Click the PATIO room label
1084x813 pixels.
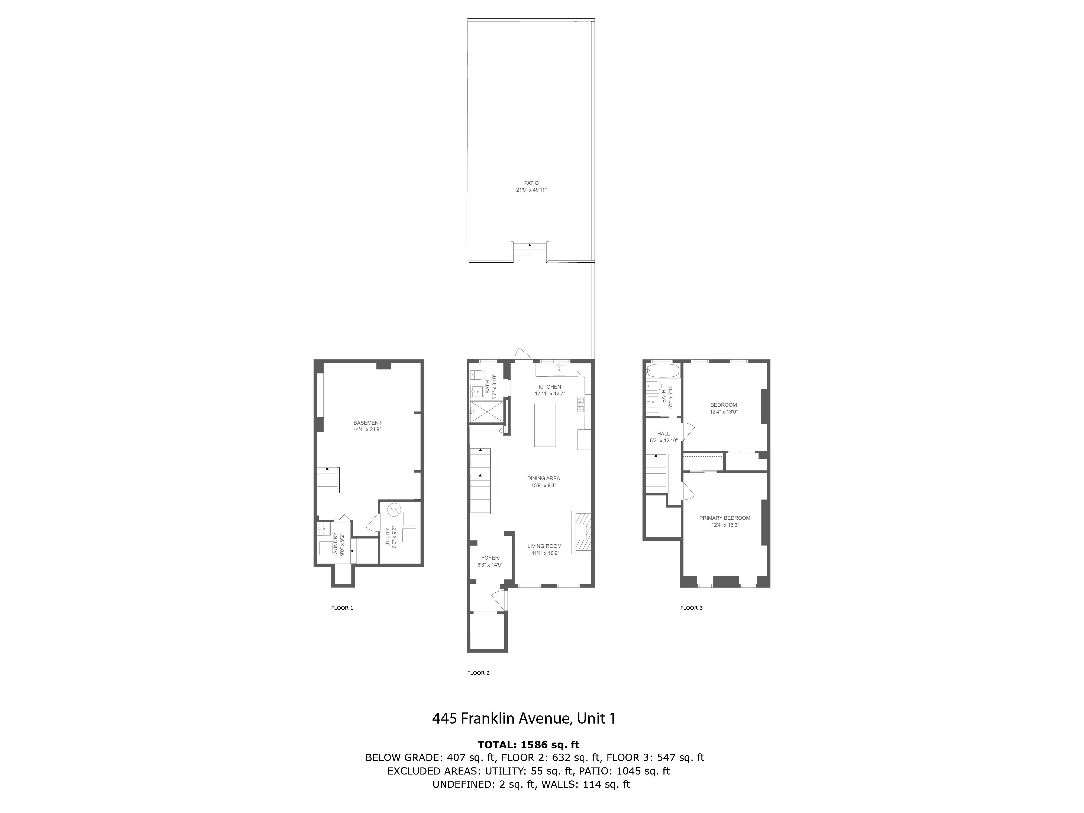(531, 183)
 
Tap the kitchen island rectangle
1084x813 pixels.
(545, 425)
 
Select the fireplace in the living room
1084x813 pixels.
(581, 532)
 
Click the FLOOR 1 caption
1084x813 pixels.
(342, 608)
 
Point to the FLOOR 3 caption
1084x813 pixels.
(691, 608)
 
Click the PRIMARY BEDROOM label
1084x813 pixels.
(724, 518)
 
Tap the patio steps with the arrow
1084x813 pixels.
(530, 252)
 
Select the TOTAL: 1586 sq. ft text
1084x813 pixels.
(528, 744)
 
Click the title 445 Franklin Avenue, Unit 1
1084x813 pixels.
(523, 718)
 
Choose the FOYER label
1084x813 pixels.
(490, 558)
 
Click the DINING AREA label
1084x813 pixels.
(543, 478)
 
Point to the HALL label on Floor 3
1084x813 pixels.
(663, 434)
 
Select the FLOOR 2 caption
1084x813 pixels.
(478, 673)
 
